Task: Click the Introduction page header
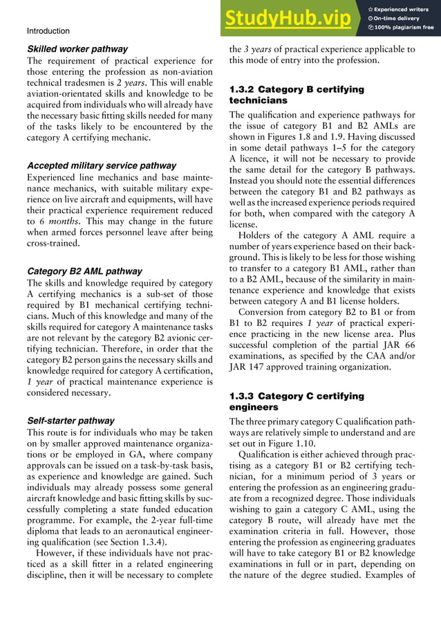(48, 31)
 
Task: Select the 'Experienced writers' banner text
(402, 9)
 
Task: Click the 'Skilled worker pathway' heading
(77, 50)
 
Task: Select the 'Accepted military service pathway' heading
(101, 166)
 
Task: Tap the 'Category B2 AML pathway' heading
(84, 271)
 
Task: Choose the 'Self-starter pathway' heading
(71, 420)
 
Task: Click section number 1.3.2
(242, 89)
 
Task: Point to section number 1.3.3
(242, 397)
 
